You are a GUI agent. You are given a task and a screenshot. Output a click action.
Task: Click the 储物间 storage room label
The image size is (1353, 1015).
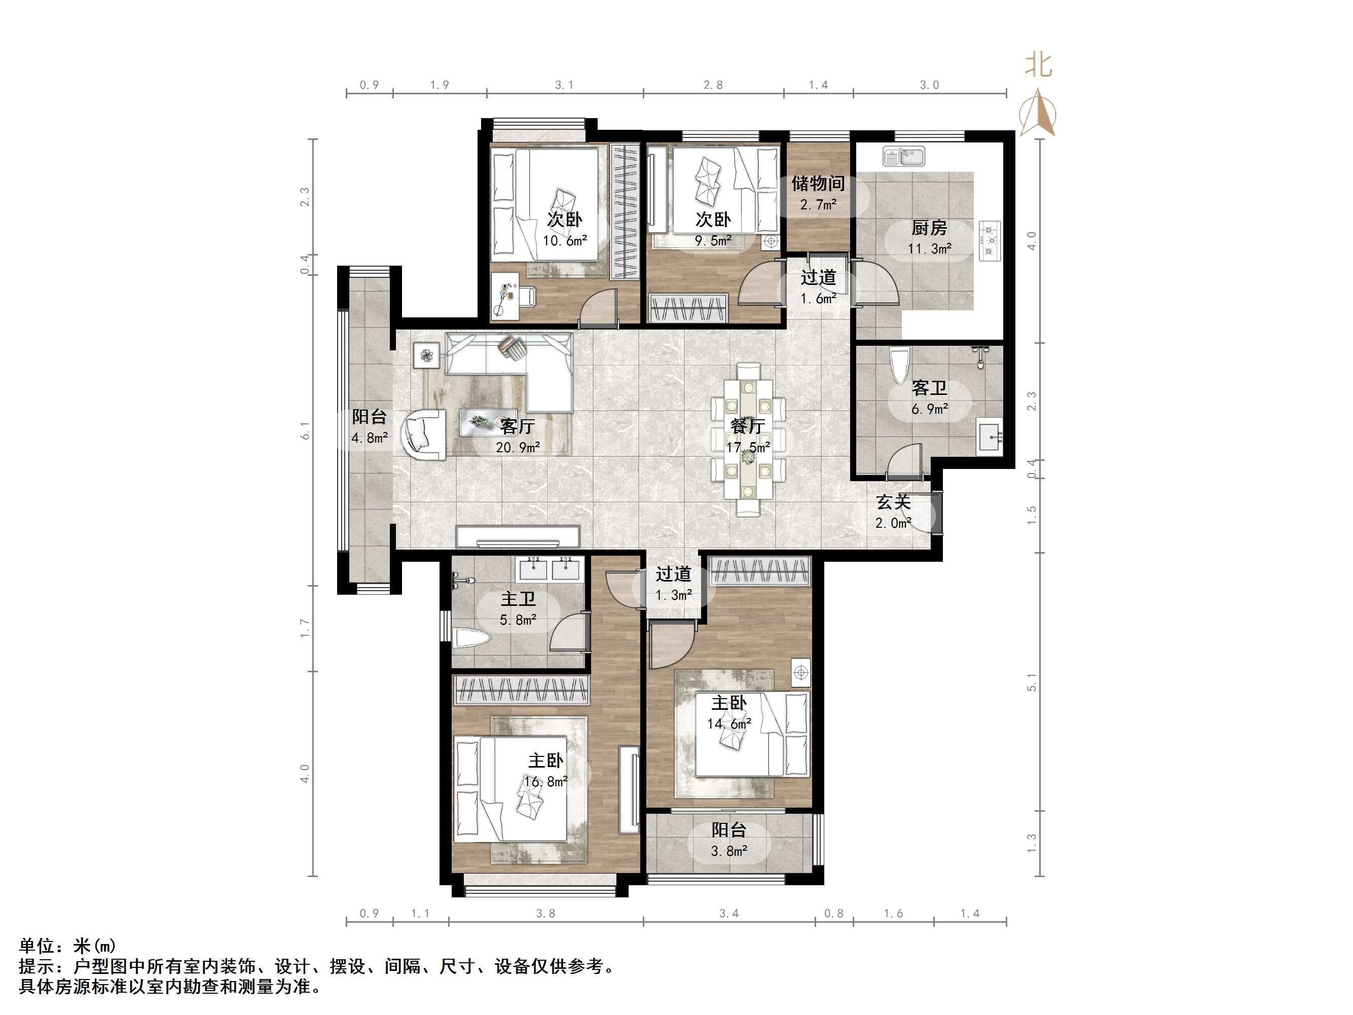(x=818, y=183)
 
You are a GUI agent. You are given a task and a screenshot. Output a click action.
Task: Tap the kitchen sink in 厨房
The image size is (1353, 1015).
(x=904, y=157)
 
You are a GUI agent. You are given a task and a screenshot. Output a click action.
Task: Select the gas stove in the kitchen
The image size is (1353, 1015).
(x=989, y=240)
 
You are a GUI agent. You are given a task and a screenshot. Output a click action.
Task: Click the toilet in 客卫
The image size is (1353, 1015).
(x=899, y=365)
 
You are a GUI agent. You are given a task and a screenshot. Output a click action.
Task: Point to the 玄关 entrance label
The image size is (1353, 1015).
(x=894, y=502)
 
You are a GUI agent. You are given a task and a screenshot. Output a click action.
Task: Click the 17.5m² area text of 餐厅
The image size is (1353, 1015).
(x=747, y=447)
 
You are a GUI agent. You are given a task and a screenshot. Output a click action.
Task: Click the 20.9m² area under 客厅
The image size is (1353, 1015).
(x=518, y=447)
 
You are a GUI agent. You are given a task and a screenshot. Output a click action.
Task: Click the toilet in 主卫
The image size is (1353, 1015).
(x=471, y=638)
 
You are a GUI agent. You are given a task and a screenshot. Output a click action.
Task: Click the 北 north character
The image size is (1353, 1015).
(x=1038, y=65)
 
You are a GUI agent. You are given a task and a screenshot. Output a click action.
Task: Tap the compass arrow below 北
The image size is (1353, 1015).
(x=1038, y=113)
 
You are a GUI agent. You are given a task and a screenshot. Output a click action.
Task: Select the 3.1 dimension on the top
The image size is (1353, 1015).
(x=564, y=85)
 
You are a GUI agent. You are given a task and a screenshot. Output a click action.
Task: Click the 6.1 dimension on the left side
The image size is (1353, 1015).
(x=305, y=430)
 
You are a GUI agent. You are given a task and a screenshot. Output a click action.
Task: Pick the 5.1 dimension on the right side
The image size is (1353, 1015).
(x=1032, y=682)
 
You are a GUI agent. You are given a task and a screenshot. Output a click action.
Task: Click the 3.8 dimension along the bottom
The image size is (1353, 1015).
(x=545, y=914)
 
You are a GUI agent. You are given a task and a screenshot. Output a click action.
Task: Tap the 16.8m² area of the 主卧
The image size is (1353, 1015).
(x=545, y=781)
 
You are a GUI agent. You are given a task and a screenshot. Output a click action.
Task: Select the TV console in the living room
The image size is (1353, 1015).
(x=518, y=538)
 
